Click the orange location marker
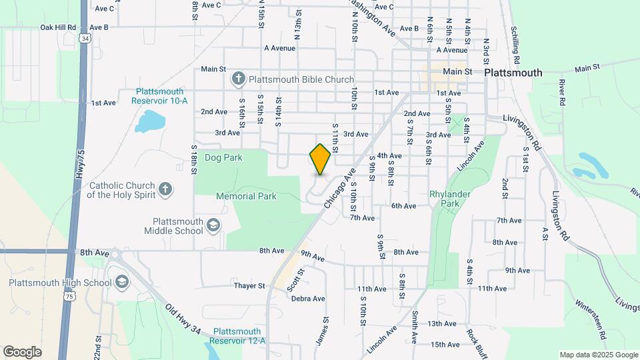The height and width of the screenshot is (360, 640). click(321, 159)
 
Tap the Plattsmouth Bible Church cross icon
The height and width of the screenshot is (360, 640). click(238, 79)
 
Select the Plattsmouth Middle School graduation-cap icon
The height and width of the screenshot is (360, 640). click(213, 225)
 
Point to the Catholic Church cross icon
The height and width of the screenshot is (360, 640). click(165, 190)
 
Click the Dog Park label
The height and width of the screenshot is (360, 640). click(223, 158)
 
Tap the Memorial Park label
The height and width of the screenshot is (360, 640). click(246, 197)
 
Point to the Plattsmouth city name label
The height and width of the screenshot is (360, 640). click(513, 72)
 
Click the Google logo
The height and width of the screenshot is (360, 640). click(23, 351)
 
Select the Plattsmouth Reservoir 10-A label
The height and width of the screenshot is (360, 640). click(161, 96)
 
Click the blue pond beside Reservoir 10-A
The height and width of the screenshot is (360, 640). click(150, 121)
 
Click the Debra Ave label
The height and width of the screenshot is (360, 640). click(308, 299)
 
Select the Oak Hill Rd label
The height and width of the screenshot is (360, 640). click(58, 27)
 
